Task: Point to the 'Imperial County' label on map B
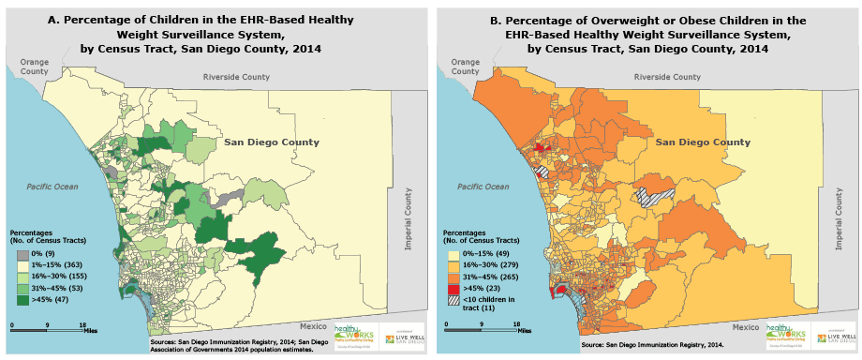tap(839, 218)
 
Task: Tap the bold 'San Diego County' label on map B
tap(702, 142)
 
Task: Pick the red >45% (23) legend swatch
tap(451, 289)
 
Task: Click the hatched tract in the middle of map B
tap(652, 195)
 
